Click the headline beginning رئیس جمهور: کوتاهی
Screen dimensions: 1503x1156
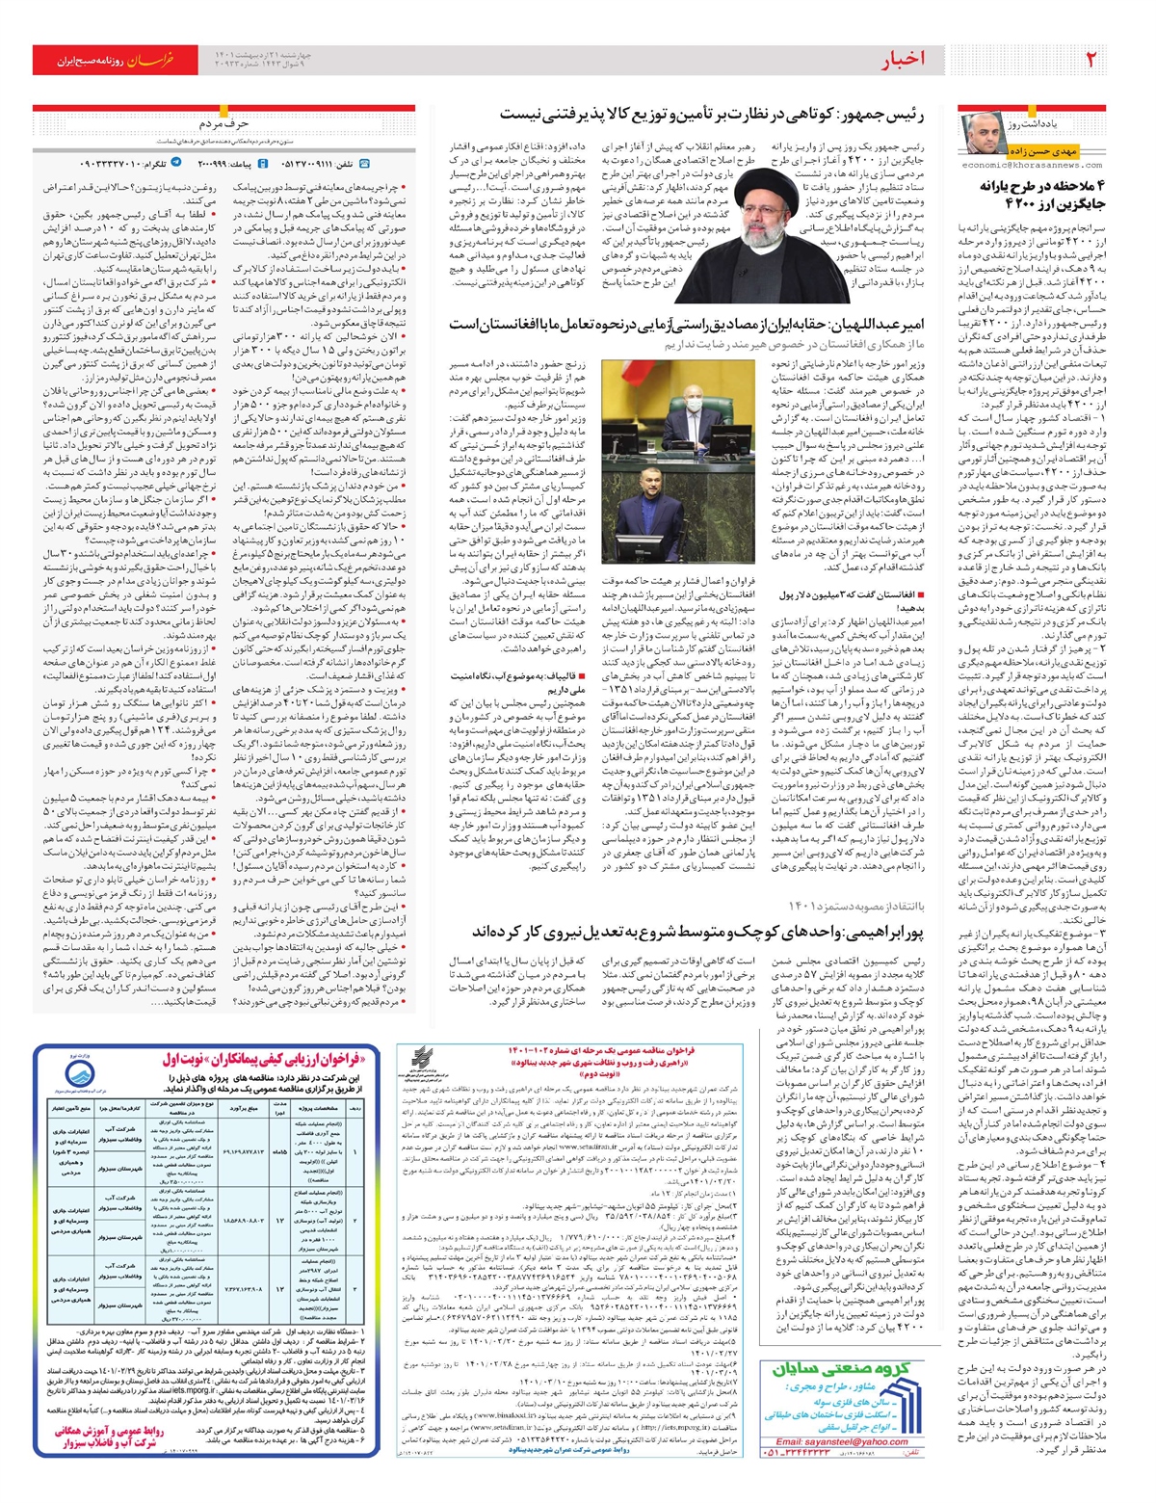[x=713, y=115]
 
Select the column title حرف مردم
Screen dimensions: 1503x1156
[x=224, y=124]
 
